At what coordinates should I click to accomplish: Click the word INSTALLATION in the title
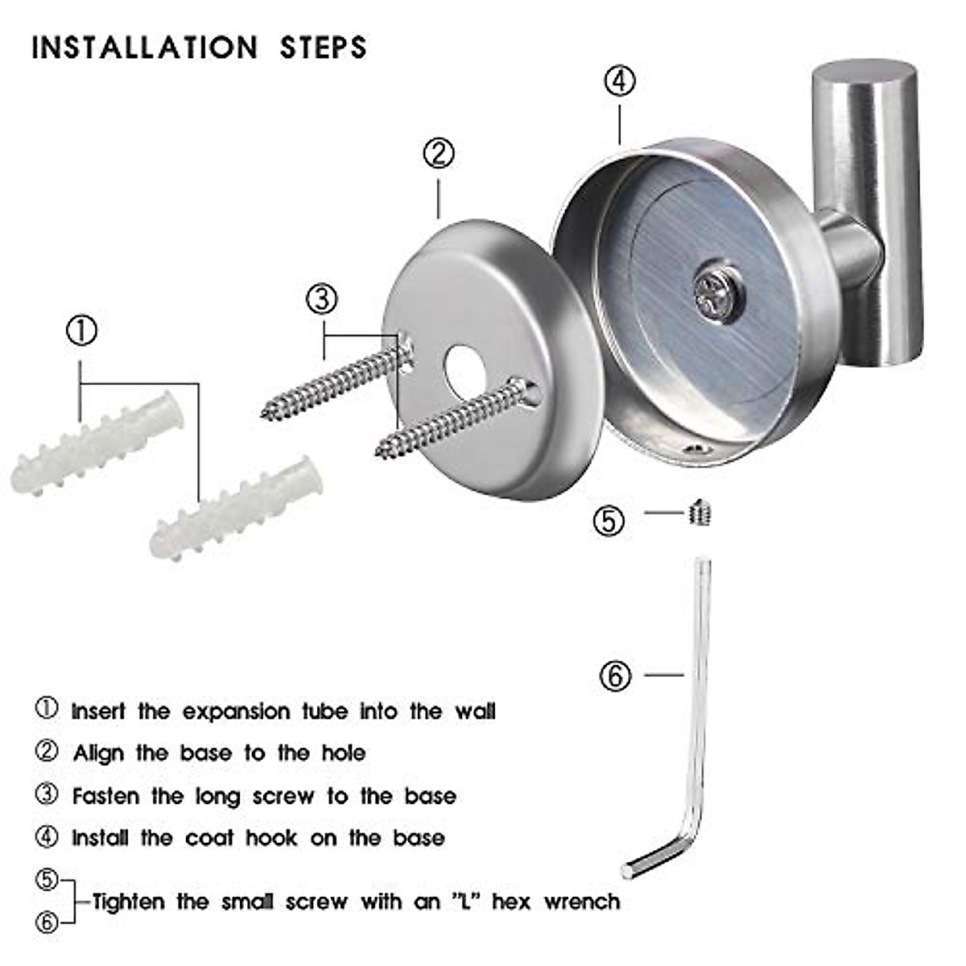coord(145,47)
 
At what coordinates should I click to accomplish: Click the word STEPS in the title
coord(323,47)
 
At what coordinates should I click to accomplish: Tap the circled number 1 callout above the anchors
coord(81,331)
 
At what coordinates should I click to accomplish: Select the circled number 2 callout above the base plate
coord(439,153)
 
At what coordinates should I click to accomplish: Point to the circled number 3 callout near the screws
coord(322,299)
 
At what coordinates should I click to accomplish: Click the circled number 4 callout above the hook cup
coord(619,81)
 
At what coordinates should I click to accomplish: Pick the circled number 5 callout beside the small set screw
coord(609,521)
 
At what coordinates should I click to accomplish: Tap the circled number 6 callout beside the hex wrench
coord(616,675)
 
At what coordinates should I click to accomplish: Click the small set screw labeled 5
coord(700,512)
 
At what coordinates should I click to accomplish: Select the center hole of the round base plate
coord(463,372)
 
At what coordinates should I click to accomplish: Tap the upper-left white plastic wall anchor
coord(97,447)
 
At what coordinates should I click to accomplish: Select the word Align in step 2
coord(98,753)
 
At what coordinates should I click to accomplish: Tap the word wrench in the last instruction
coord(582,902)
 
